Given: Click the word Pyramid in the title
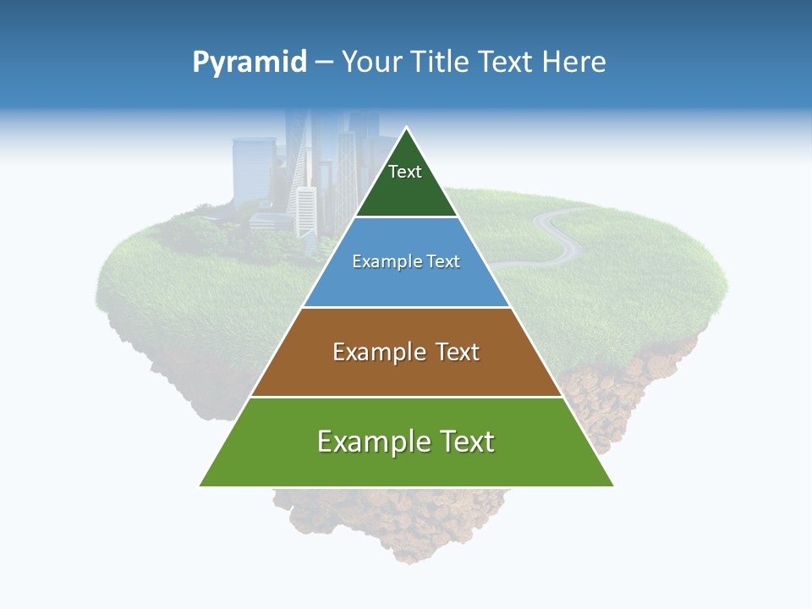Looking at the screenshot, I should [x=250, y=63].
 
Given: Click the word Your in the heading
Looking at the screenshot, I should [x=371, y=63].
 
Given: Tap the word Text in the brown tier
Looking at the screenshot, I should [x=457, y=352].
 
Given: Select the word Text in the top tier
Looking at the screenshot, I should [x=405, y=172].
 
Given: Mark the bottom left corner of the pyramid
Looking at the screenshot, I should [x=200, y=486].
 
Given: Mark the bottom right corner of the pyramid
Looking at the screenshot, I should [x=613, y=486].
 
